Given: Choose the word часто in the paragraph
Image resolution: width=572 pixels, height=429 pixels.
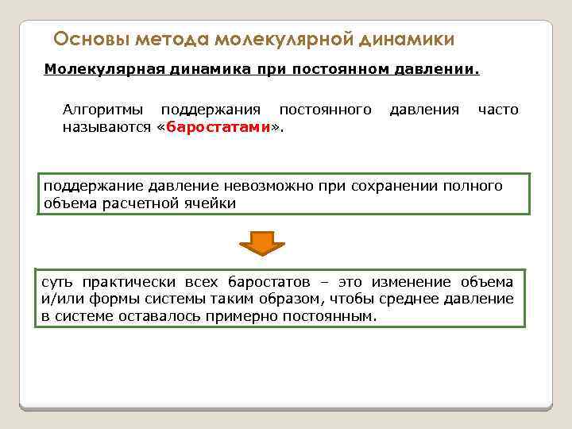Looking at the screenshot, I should coord(498,110).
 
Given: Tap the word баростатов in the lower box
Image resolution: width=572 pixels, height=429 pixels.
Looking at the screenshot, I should coord(268,283).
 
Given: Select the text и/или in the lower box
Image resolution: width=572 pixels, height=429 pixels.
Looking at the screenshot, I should coord(56,300).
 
